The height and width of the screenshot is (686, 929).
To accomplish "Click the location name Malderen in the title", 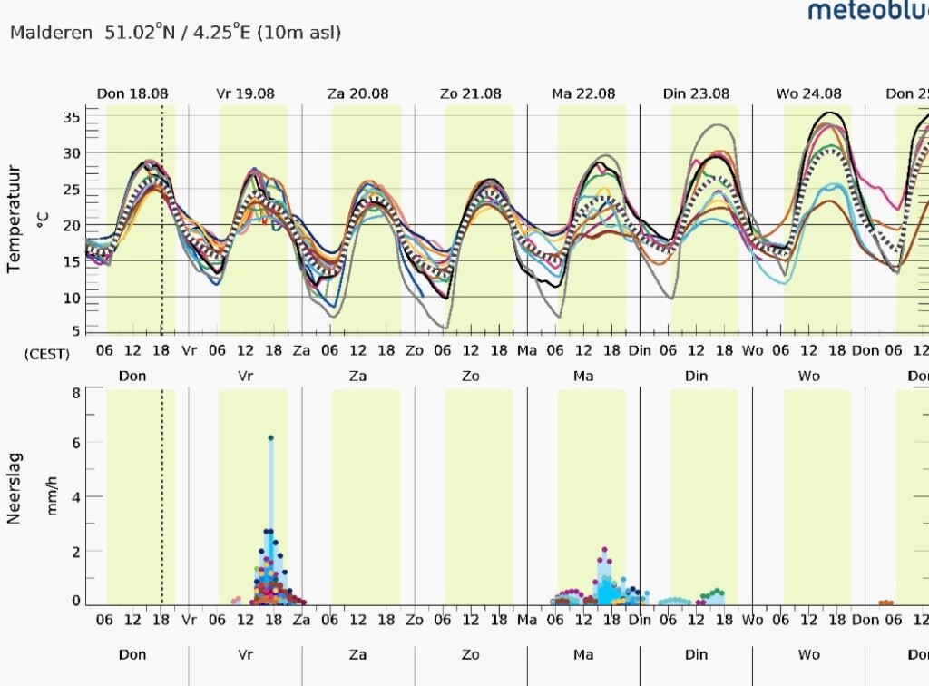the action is tap(51, 32).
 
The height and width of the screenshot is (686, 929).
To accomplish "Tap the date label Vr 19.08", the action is tap(245, 93).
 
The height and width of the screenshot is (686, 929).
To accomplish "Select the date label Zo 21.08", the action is tap(471, 93).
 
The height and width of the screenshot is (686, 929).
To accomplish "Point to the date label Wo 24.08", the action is tap(808, 93).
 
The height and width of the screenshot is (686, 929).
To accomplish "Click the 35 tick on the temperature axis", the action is tap(71, 117).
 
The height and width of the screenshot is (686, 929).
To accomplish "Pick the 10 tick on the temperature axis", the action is tap(71, 298).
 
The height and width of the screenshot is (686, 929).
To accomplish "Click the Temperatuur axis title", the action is tap(15, 220).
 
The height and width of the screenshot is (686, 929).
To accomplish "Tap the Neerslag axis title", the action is tap(15, 488).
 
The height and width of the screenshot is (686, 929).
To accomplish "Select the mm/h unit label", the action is tap(52, 495).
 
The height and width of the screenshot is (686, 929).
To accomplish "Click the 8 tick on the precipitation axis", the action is tap(76, 393).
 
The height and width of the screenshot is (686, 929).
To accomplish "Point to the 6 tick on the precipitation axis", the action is tap(76, 442).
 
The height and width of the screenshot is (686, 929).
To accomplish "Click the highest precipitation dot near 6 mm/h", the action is tap(270, 437).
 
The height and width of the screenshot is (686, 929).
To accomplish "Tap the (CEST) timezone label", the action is tap(47, 354).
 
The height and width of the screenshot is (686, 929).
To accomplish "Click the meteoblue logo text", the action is tap(868, 9).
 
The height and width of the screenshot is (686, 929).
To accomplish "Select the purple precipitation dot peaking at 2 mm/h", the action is tap(604, 550).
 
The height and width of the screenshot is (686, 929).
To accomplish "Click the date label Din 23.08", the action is tap(696, 93).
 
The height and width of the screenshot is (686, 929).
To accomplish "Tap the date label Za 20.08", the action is tap(357, 93).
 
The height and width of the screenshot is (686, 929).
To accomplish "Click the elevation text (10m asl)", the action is tap(299, 32).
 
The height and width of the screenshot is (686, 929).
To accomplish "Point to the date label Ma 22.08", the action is tap(583, 93).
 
